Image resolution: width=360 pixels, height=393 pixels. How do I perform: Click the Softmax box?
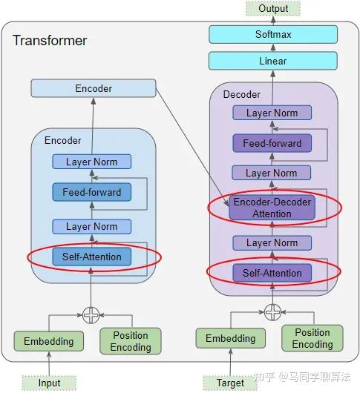point(272,34)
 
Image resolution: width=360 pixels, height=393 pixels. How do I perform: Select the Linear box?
point(272,61)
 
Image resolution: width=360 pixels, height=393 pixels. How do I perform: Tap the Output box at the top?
point(273,8)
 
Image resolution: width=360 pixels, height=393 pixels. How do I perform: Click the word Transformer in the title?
point(50,41)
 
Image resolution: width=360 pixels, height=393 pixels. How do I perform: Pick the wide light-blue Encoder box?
point(94,89)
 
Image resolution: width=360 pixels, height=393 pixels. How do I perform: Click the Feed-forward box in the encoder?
point(91,193)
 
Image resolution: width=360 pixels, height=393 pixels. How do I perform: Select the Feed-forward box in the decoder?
point(272,143)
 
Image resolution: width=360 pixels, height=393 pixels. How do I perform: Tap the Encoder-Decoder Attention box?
point(272,208)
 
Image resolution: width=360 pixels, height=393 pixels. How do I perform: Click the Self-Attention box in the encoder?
point(91,257)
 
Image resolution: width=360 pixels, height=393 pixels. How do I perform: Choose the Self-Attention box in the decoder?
point(272,273)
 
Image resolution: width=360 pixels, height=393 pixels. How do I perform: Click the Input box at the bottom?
point(49,383)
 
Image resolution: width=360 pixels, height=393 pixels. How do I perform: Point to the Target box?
point(230,383)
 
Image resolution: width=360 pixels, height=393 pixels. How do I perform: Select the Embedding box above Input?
point(49,342)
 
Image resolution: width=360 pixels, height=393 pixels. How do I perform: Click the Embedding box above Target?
point(230,339)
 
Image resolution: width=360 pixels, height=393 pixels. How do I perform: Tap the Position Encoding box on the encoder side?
point(131,341)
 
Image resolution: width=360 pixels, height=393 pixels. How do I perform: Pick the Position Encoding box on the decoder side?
point(312,338)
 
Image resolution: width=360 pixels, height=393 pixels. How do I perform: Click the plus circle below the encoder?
point(91,315)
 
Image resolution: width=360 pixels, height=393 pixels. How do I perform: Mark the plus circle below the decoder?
point(272,312)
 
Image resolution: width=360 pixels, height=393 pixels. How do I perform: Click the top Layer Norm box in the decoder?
point(272,113)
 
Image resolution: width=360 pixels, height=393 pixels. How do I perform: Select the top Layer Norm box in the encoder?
point(91,162)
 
